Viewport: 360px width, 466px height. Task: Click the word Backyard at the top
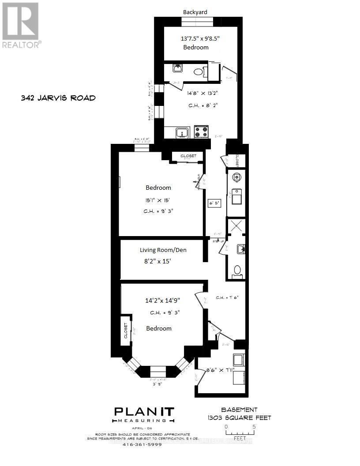coord(195,12)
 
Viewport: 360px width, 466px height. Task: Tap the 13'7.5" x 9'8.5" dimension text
coord(200,38)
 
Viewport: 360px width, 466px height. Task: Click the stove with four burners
coord(202,132)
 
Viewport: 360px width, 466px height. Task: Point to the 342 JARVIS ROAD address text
coord(58,98)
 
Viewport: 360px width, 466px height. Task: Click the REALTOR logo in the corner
coord(21,25)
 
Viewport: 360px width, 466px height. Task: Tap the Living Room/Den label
coord(163,250)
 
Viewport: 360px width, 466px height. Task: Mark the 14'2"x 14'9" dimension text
coord(163,301)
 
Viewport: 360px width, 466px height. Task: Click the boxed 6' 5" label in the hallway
coord(214,203)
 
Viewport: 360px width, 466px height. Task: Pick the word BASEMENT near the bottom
coord(240,410)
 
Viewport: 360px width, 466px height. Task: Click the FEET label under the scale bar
coord(240,439)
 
